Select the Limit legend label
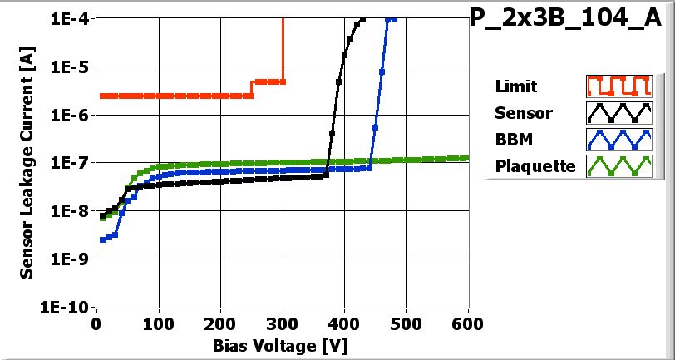515,86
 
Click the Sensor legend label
523,113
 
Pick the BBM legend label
512,139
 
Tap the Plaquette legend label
535,165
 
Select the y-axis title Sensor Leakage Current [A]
27,162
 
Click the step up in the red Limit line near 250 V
252,89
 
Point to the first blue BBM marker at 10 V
102,239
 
